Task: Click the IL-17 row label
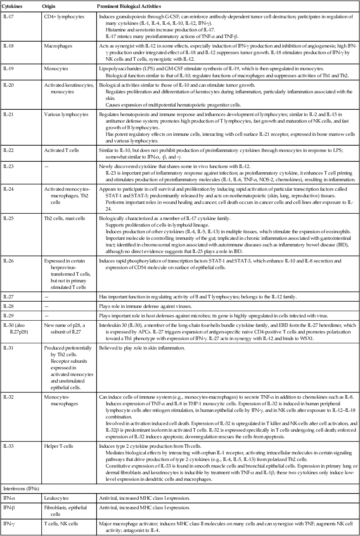coord(8,17)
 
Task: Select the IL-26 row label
coord(8,260)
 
